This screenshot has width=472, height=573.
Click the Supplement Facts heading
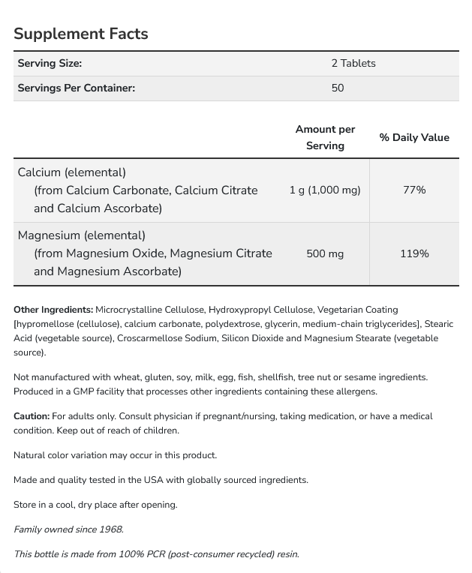81,34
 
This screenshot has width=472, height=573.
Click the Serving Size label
50,64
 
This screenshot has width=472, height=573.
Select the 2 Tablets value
353,64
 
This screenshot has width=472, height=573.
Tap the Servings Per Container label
77,88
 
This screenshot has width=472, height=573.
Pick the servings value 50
338,88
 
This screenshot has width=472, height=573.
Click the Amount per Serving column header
325,137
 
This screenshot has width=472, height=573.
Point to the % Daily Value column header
414,137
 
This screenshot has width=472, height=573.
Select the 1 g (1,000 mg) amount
325,190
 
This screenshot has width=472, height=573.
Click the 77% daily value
414,190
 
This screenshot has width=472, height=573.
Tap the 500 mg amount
325,253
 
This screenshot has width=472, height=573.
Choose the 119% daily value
414,253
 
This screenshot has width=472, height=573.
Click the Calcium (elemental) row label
72,172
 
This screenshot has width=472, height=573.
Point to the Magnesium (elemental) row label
81,235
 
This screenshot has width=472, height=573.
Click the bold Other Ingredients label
53,309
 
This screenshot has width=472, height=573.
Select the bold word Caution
32,415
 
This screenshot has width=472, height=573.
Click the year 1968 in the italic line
110,529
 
